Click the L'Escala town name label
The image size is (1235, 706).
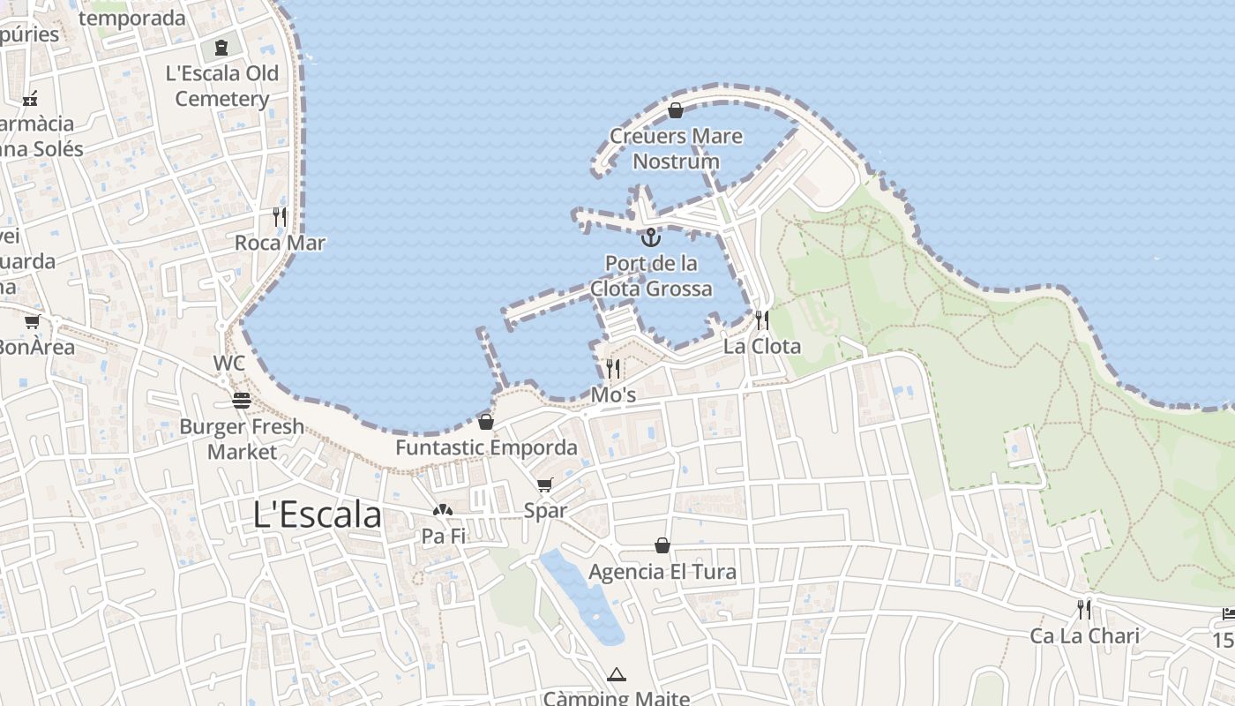(318, 514)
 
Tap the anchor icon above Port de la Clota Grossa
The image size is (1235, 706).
(650, 237)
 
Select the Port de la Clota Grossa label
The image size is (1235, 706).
(651, 275)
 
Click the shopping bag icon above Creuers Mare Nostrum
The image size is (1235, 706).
(676, 110)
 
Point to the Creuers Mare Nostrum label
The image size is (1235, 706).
(676, 148)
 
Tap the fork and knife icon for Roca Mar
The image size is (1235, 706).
(280, 216)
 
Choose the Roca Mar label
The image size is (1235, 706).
(280, 243)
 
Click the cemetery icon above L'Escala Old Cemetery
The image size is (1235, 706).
(221, 47)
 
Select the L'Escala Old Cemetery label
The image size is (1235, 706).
(222, 86)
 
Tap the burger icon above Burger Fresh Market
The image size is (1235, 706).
(242, 401)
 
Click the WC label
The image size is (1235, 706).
(228, 364)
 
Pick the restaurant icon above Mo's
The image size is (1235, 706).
(613, 368)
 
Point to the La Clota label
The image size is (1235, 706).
(762, 346)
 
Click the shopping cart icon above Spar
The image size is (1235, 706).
(545, 484)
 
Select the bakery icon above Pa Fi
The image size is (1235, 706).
(443, 510)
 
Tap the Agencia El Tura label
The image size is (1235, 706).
(662, 571)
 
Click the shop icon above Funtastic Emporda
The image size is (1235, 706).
(486, 422)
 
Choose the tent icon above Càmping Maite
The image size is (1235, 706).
(617, 674)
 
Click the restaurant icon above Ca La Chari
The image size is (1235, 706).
(1084, 609)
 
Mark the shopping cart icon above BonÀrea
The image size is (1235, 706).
(33, 321)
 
